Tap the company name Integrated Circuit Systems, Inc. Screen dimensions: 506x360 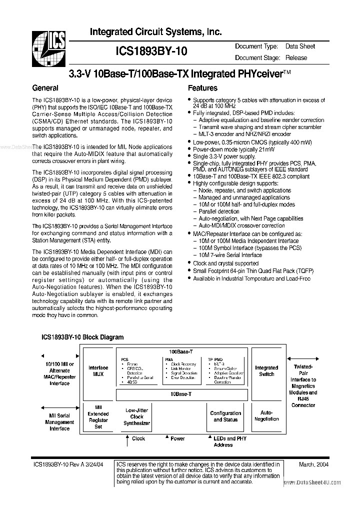pos(155,32)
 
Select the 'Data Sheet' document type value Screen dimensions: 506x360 pos(300,46)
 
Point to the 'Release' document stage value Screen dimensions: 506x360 pos(296,57)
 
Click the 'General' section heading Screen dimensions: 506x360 pos(45,88)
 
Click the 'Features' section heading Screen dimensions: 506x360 pos(202,88)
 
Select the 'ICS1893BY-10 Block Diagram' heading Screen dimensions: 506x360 pos(82,337)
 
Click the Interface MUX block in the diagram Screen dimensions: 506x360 pos(98,370)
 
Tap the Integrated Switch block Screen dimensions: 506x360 pos(266,370)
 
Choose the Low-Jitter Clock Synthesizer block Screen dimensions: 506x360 pos(136,416)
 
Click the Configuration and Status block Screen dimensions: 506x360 pos(225,416)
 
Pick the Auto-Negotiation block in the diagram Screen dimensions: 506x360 pos(266,416)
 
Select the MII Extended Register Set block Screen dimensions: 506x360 pos(98,416)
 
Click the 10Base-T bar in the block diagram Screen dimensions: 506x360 pos(181,394)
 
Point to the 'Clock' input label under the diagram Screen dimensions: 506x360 pos(138,438)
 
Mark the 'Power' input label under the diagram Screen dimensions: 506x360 pos(177,438)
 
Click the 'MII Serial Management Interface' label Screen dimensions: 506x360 pos(59,422)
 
